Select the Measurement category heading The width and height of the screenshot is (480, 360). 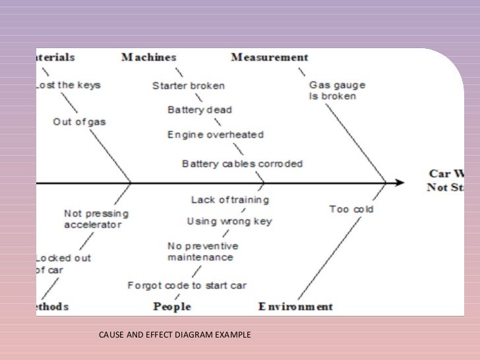click(x=269, y=57)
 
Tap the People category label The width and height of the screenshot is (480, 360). click(x=171, y=307)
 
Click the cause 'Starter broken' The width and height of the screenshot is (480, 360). click(x=188, y=86)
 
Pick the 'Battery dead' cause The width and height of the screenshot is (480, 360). click(x=199, y=110)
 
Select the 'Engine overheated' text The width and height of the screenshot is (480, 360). click(x=216, y=135)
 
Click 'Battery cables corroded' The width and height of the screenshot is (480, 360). click(x=242, y=163)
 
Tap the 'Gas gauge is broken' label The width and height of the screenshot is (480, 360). click(x=337, y=91)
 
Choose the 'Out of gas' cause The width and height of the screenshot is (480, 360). click(x=79, y=121)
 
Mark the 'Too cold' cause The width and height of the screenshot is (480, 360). click(x=351, y=210)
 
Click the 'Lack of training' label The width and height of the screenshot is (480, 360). click(x=229, y=200)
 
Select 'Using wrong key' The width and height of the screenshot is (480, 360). click(x=229, y=222)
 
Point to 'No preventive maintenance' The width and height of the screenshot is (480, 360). click(x=202, y=251)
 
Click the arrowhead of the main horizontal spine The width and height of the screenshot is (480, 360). click(x=399, y=182)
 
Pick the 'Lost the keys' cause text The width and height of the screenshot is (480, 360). click(x=65, y=86)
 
